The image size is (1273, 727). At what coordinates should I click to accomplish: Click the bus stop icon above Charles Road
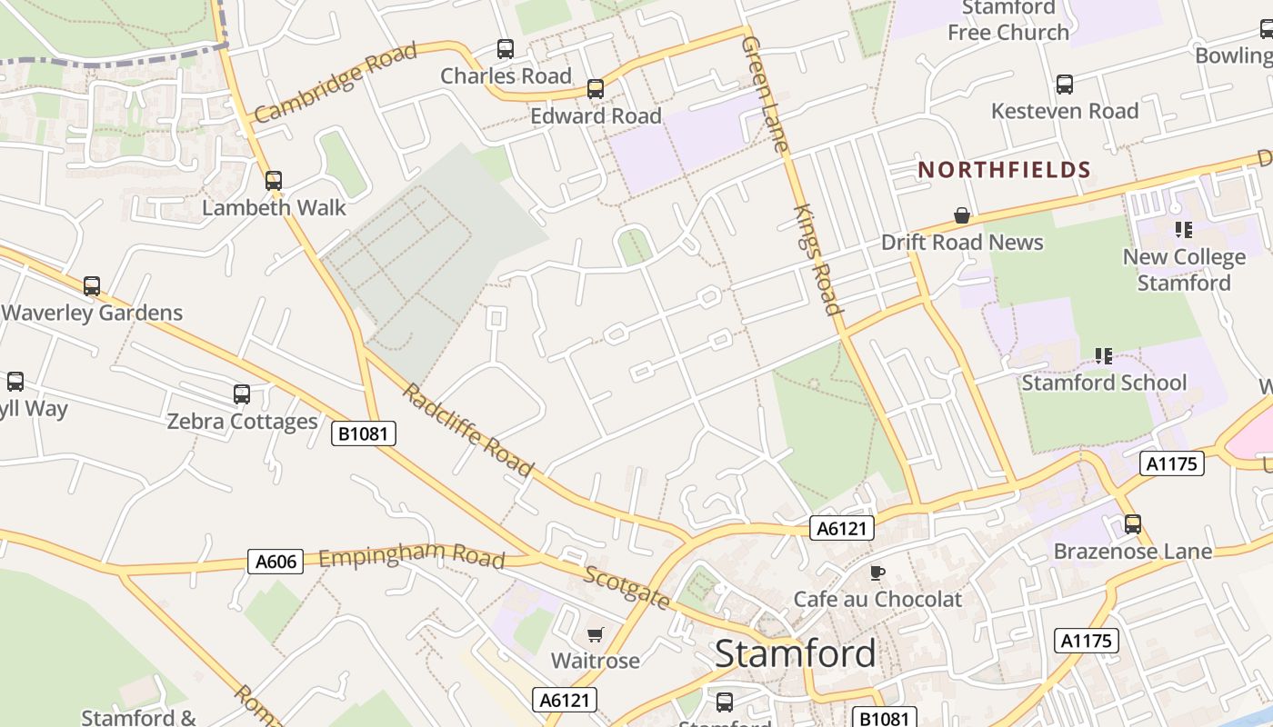[x=506, y=49]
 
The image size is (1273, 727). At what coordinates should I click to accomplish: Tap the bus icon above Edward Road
[x=596, y=89]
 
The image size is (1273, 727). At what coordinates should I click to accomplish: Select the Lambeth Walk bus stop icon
[x=274, y=181]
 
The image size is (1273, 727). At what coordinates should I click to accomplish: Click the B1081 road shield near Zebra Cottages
[x=364, y=433]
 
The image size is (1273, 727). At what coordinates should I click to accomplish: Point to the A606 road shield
[x=276, y=562]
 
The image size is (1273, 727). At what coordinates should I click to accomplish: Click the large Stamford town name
[x=795, y=653]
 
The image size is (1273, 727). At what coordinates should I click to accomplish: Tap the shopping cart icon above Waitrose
[x=596, y=634]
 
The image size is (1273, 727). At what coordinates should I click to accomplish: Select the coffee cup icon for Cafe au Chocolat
[x=877, y=573]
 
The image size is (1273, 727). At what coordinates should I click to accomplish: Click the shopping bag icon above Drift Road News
[x=962, y=215]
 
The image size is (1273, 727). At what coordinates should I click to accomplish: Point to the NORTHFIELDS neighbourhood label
[x=1004, y=170]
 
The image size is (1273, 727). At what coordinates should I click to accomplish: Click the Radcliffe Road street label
[x=467, y=430]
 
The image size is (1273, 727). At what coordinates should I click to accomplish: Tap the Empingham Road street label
[x=411, y=554]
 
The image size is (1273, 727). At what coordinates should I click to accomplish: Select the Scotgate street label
[x=627, y=587]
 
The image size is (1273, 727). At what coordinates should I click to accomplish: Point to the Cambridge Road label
[x=336, y=82]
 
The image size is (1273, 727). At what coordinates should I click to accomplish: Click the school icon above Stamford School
[x=1104, y=355]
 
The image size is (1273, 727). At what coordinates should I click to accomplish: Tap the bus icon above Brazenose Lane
[x=1132, y=524]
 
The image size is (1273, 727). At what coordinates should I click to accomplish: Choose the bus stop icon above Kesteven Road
[x=1065, y=85]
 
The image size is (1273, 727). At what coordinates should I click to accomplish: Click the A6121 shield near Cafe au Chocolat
[x=841, y=528]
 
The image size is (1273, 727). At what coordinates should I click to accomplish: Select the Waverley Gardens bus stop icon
[x=92, y=286]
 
